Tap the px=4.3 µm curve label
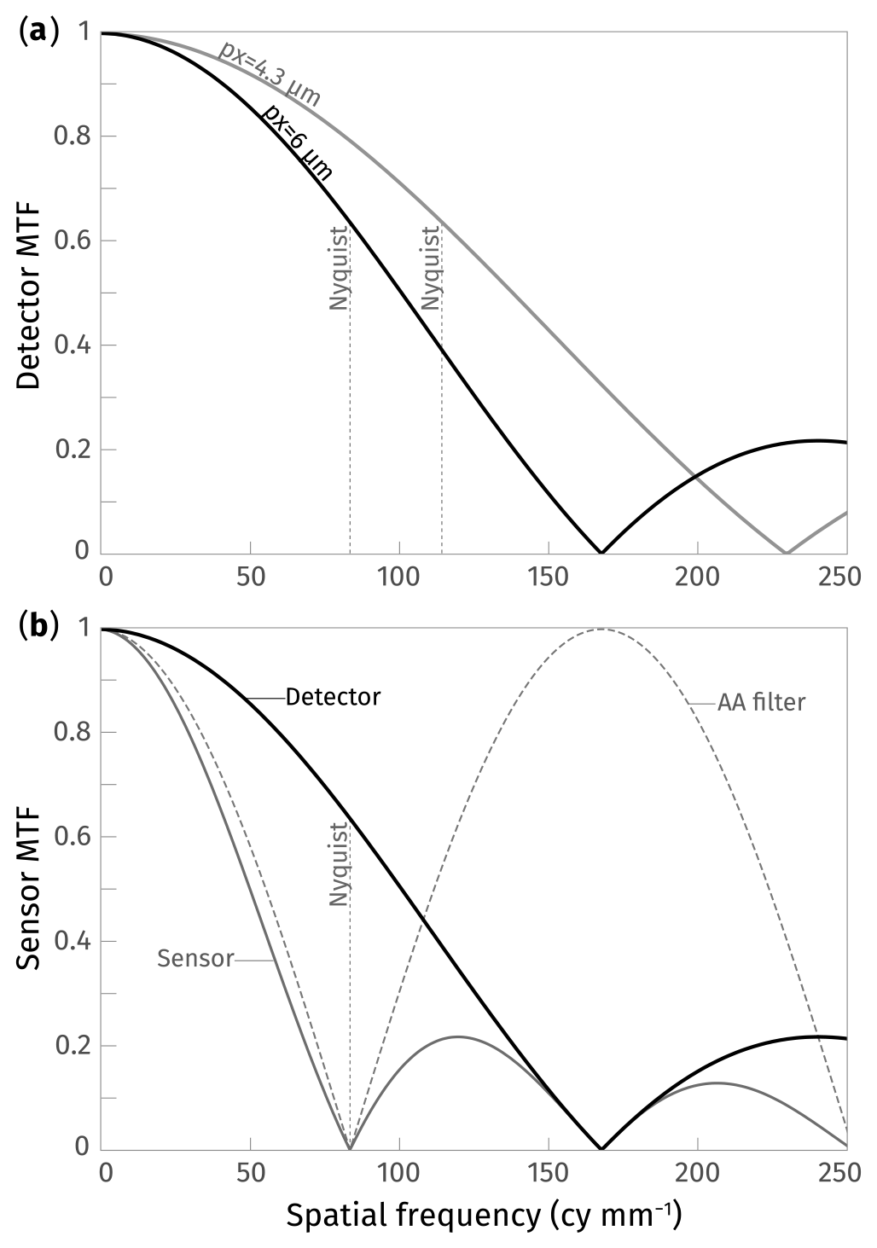[x=269, y=73]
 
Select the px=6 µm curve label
[x=296, y=141]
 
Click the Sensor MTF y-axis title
[x=30, y=887]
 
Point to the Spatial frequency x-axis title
[x=483, y=1216]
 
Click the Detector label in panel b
[x=333, y=697]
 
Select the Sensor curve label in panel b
[x=195, y=959]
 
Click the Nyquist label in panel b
[x=340, y=864]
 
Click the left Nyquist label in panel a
[x=340, y=268]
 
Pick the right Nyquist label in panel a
[x=433, y=268]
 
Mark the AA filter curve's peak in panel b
[x=601, y=630]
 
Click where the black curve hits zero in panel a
[x=601, y=552]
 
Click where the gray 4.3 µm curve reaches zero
[x=785, y=552]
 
